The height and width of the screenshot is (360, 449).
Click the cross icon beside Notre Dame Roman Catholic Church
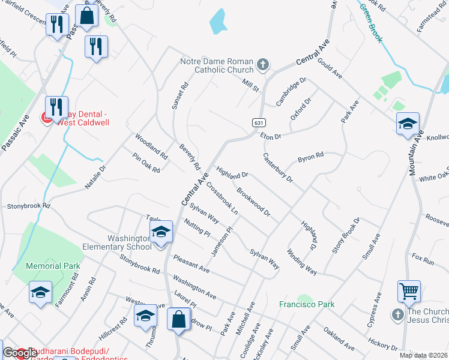tap(262, 64)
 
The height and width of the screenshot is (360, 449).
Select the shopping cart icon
tap(409, 292)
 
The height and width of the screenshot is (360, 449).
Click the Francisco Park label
tap(307, 304)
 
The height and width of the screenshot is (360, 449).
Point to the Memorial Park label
tap(53, 265)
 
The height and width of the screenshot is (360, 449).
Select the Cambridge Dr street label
tap(291, 91)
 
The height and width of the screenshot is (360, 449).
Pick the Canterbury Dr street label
tap(277, 167)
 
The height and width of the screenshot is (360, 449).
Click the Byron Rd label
tap(311, 158)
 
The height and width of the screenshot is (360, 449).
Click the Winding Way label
tap(301, 262)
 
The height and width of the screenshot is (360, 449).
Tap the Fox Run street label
tap(423, 259)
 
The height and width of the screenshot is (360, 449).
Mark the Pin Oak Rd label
tap(146, 162)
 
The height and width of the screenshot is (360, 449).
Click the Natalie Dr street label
tap(95, 178)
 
